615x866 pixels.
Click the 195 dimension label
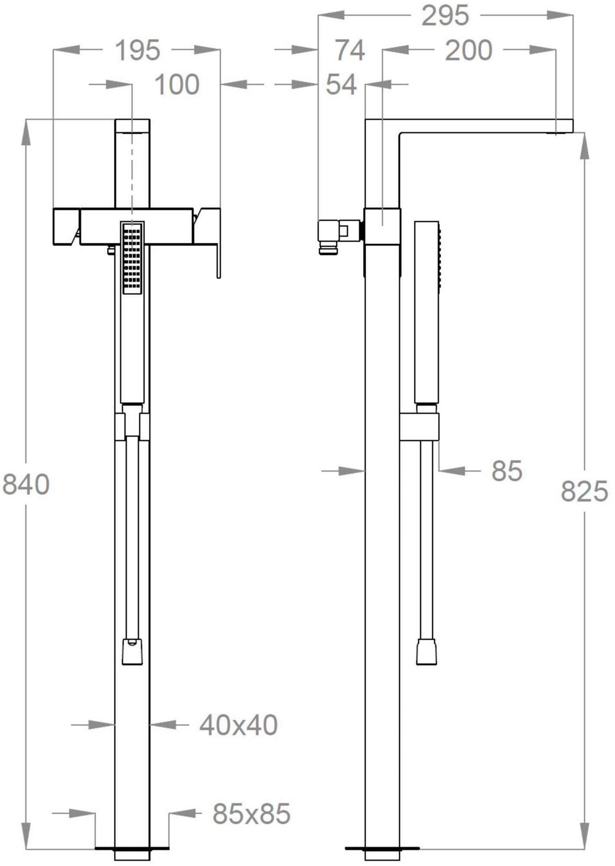[x=137, y=50]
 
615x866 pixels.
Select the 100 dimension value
[x=177, y=84]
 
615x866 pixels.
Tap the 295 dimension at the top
[x=445, y=16]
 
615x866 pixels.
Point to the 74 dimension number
[x=350, y=50]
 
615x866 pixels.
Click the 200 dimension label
[x=469, y=50]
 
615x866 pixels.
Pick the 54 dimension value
[x=342, y=84]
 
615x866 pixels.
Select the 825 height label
[x=584, y=492]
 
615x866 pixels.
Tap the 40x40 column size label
[x=238, y=725]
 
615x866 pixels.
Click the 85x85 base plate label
[x=251, y=814]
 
